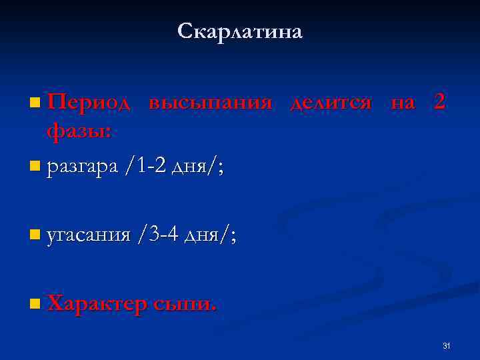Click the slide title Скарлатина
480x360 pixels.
coord(240,31)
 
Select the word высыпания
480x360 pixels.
coord(211,103)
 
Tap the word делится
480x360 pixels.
coord(331,103)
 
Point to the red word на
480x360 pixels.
coord(403,104)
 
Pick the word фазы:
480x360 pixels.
coord(79,131)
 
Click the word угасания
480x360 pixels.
coord(89,236)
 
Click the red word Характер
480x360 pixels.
coord(97,304)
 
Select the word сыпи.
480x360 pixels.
coord(185,305)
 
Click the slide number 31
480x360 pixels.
coord(447,345)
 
